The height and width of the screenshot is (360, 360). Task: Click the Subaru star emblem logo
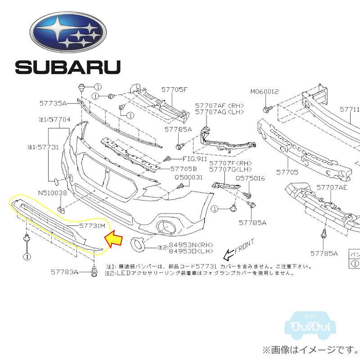(68, 30)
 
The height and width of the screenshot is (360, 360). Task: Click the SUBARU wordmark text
(68, 67)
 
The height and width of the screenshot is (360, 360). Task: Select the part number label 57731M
(92, 225)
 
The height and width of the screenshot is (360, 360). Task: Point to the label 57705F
(174, 90)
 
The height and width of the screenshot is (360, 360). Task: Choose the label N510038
(52, 193)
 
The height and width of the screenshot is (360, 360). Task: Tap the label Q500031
(189, 177)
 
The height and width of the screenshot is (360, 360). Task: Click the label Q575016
(250, 179)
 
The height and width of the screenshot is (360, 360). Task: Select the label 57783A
(64, 272)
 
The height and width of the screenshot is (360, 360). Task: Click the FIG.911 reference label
(194, 159)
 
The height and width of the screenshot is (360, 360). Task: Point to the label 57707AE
(332, 187)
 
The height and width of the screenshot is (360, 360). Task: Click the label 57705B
(184, 169)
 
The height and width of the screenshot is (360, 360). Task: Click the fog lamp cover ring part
(137, 245)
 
